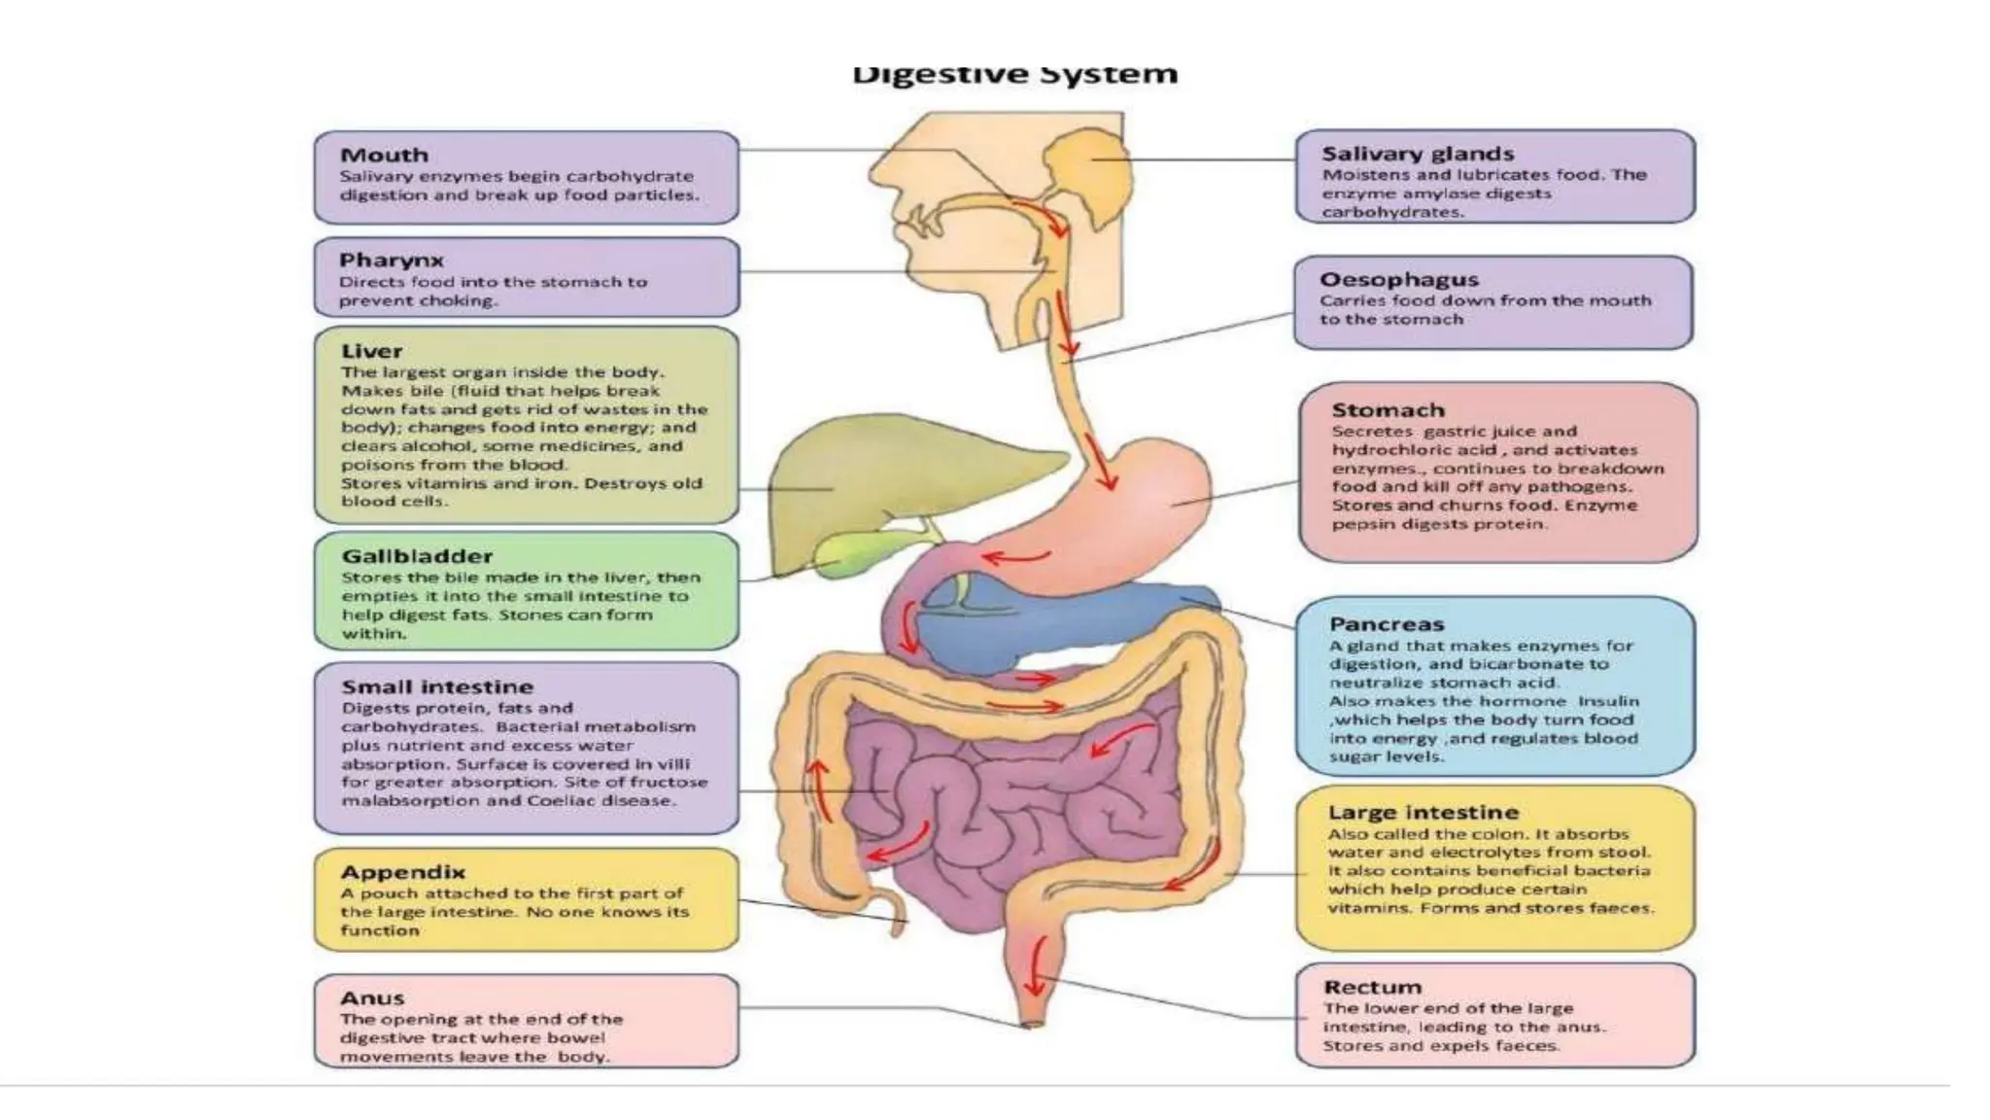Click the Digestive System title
(1014, 74)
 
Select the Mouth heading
(384, 156)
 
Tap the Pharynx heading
(391, 261)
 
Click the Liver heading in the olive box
(371, 351)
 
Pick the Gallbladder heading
(417, 556)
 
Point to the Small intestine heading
(437, 686)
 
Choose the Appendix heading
(402, 872)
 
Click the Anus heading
(372, 998)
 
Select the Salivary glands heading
(1417, 154)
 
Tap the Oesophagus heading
(1398, 280)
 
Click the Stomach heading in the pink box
(1388, 410)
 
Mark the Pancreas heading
(1387, 624)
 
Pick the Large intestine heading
(1423, 813)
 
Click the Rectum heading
(1372, 988)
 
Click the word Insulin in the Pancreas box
(1608, 701)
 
